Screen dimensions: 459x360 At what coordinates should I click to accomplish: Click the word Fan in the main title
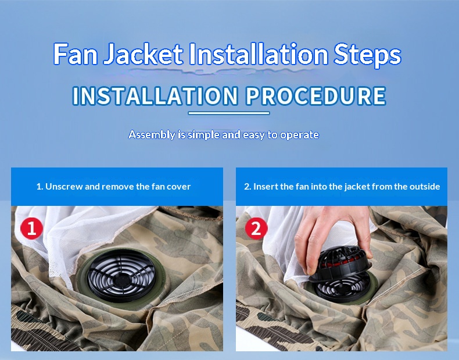coord(76,54)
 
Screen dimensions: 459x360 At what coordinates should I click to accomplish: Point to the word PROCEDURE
coord(316,96)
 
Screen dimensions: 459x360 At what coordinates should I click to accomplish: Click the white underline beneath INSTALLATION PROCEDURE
coord(228,113)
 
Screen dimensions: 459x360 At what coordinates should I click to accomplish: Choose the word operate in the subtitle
coord(299,135)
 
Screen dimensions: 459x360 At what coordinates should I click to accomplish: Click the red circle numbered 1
coord(31,228)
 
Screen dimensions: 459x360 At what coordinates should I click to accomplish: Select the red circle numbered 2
coord(256,228)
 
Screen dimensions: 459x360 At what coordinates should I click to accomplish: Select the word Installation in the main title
coord(258,54)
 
